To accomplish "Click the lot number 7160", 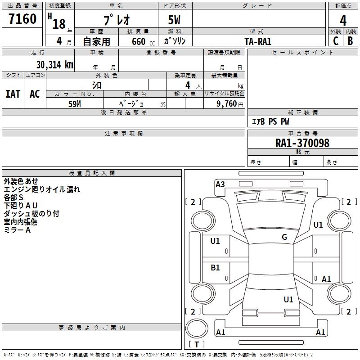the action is [22, 19].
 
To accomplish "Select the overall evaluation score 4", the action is [343, 21].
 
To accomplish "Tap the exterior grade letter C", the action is [336, 40].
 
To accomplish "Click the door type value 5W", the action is [175, 21].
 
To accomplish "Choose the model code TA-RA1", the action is [258, 41].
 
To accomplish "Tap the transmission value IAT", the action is [13, 94].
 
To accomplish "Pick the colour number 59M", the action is [75, 103].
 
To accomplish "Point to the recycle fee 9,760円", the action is [229, 103].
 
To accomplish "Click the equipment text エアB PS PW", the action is [270, 121].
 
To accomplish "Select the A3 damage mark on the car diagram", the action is [220, 184].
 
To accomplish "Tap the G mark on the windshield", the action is [284, 237].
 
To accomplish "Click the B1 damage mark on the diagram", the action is [215, 268].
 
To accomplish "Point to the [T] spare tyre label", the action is [197, 345].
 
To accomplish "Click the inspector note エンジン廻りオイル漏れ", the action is [42, 189].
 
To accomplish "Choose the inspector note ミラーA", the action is [17, 230].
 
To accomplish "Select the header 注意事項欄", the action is [124, 134].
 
